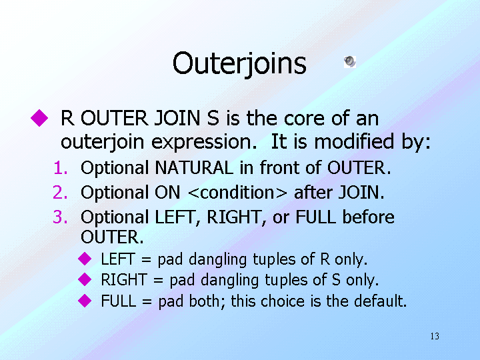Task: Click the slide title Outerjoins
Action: click(x=239, y=64)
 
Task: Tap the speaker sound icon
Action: click(x=350, y=61)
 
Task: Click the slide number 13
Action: click(x=435, y=336)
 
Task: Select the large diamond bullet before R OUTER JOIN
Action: click(x=39, y=118)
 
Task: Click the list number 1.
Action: click(x=61, y=168)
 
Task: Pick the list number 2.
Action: click(x=60, y=193)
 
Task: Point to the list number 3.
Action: click(x=60, y=217)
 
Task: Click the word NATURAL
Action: click(x=194, y=168)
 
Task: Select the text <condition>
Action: click(x=238, y=193)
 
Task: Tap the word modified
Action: click(x=354, y=142)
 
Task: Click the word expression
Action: click(x=204, y=143)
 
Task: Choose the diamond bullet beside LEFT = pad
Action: click(x=85, y=259)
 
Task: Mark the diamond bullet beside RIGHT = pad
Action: click(x=85, y=279)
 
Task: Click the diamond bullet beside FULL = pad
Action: click(x=85, y=301)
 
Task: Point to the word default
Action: click(x=380, y=301)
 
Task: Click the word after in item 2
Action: click(x=313, y=193)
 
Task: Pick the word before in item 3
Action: click(x=368, y=217)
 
